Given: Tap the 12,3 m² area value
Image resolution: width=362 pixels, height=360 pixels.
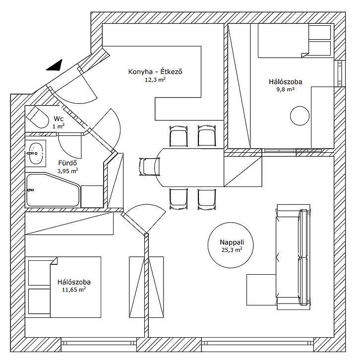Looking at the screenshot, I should [x=155, y=80].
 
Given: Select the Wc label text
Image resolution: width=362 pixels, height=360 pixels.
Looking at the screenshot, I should [x=59, y=119].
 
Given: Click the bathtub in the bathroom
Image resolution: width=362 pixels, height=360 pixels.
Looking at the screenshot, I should [x=52, y=190].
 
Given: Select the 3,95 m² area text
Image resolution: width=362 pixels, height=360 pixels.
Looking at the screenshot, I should [x=67, y=171].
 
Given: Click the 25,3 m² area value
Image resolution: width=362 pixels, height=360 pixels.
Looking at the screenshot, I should [x=232, y=250].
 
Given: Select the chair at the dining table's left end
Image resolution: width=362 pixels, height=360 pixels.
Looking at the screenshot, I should [x=147, y=166].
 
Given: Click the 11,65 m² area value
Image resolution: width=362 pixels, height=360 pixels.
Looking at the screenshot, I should [x=74, y=290].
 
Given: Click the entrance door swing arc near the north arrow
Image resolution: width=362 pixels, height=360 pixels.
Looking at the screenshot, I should [x=82, y=89].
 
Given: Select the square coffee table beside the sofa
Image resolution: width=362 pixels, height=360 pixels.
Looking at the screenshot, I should [x=261, y=290].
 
